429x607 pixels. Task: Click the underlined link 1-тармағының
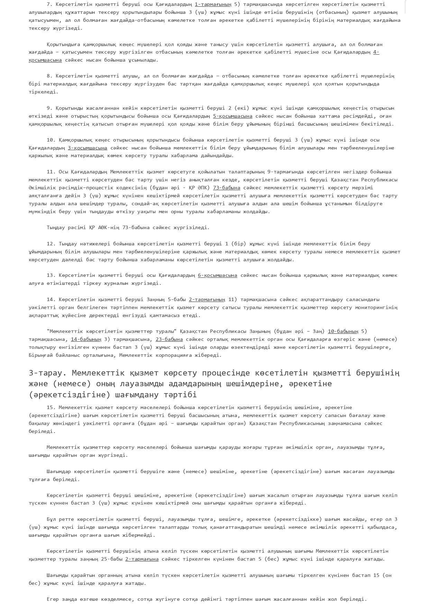(213, 4)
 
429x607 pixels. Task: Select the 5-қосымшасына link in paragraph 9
(232, 116)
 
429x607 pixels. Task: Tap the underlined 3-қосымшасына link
(87, 148)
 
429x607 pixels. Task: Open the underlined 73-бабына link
(226, 188)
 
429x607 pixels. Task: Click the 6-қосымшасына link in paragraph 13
(217, 275)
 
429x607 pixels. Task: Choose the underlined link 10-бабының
(343, 331)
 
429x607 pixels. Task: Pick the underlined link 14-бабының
(86, 339)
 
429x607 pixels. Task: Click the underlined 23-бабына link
(169, 339)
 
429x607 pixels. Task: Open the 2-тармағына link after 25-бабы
(142, 559)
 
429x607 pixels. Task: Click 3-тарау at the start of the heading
(48, 373)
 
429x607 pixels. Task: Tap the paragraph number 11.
(51, 172)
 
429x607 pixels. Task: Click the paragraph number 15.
(51, 407)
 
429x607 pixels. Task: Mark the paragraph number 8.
(49, 76)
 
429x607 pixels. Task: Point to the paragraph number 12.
(51, 244)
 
